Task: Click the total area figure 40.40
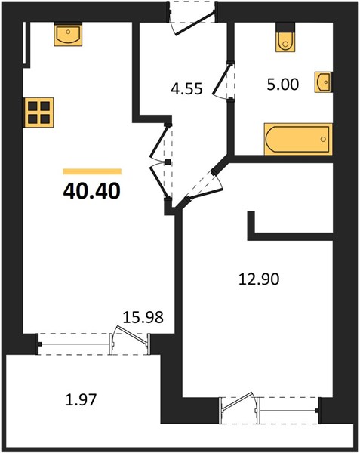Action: click(91, 191)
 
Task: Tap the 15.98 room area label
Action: click(143, 317)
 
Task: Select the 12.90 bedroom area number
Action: click(259, 279)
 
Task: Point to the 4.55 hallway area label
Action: click(186, 88)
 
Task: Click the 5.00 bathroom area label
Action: click(282, 85)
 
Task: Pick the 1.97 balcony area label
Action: click(81, 400)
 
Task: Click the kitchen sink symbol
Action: click(68, 34)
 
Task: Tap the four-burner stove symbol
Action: click(39, 112)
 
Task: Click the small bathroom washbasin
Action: click(323, 82)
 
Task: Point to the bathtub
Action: click(298, 139)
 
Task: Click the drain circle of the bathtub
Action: click(323, 139)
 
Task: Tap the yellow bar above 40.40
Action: click(92, 171)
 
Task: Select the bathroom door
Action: click(223, 80)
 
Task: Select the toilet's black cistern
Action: click(285, 27)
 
